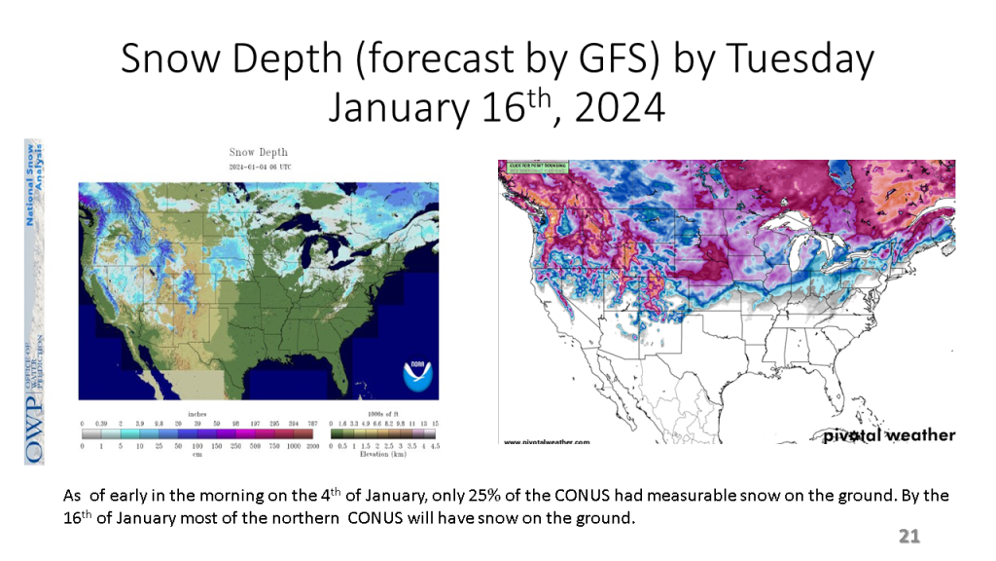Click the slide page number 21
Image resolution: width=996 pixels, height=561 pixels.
[908, 537]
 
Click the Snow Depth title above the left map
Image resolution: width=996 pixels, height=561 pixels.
[258, 152]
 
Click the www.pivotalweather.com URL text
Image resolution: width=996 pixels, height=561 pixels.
[547, 442]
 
